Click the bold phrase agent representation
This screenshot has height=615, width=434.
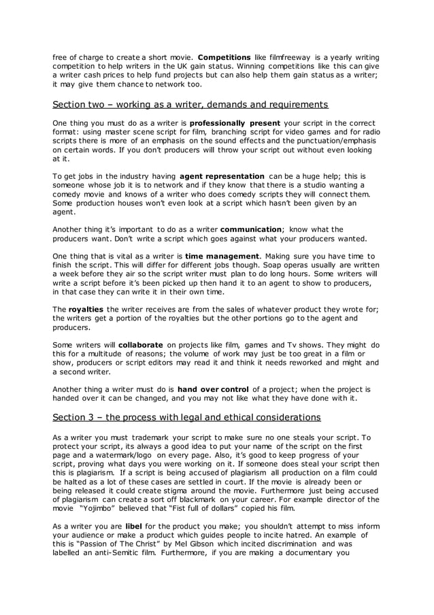222,176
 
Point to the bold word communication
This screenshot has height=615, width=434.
251,229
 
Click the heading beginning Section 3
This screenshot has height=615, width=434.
187,416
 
